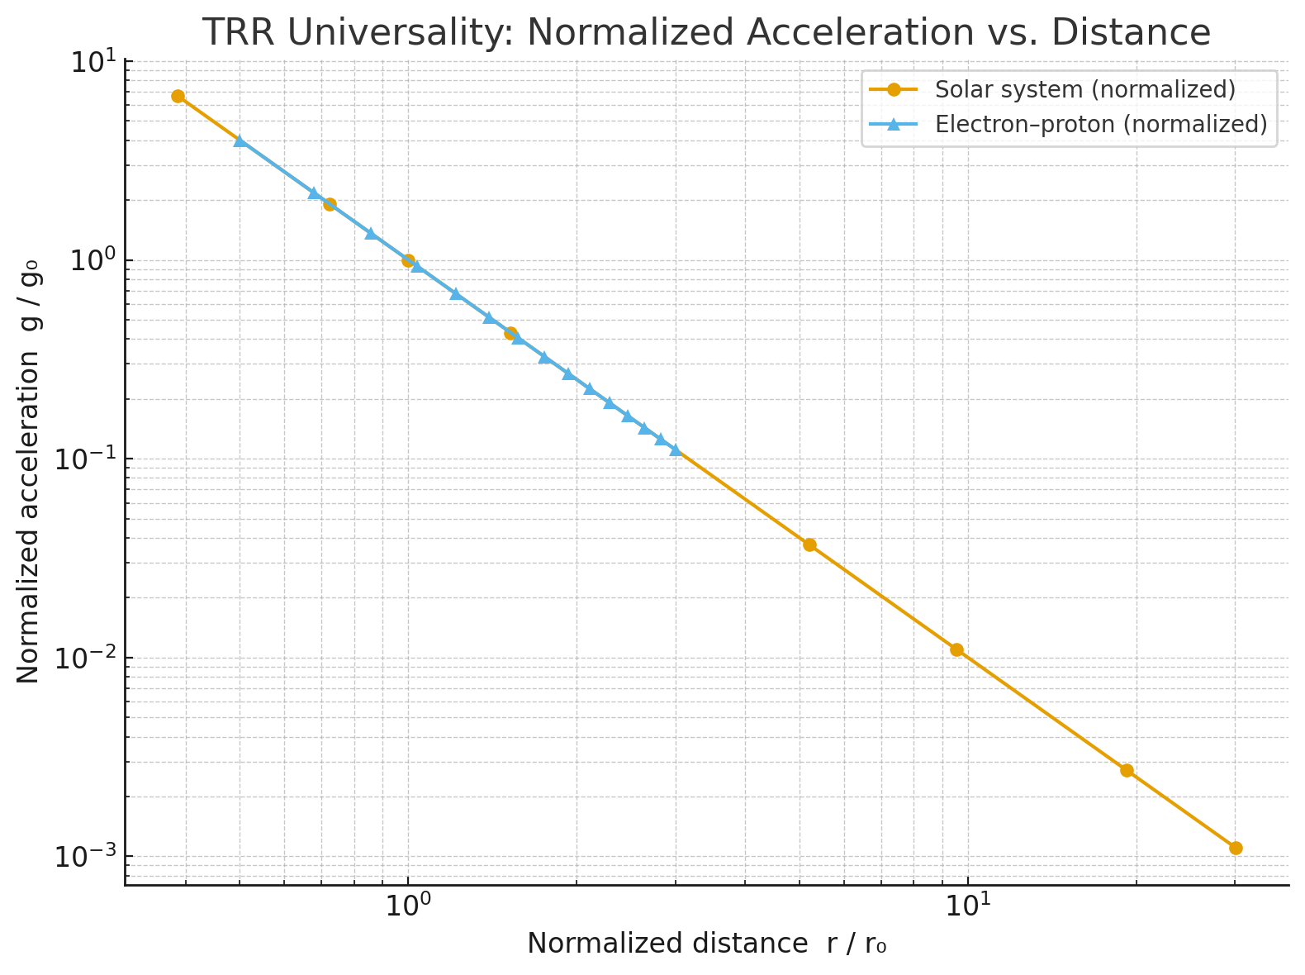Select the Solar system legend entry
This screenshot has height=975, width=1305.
pos(1084,89)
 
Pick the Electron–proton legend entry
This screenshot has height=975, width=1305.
pos(1100,124)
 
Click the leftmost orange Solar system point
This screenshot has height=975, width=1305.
pos(178,97)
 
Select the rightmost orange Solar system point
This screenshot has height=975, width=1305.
pos(1236,848)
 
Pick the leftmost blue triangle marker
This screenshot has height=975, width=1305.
pos(240,141)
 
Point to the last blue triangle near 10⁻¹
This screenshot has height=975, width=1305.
pos(676,449)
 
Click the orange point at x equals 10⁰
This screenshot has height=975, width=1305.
pos(408,261)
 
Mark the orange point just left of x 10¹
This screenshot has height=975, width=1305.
pos(956,649)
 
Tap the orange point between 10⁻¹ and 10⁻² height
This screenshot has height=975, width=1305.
pos(809,545)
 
